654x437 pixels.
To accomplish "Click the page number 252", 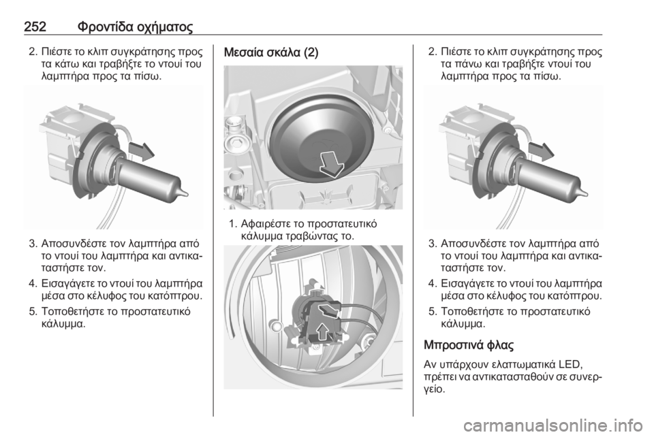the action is (x=35, y=27).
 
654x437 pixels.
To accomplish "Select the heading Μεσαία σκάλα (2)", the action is (x=271, y=52).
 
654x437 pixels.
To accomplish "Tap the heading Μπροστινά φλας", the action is (x=469, y=345).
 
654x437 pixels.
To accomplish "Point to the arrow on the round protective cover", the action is (x=332, y=164).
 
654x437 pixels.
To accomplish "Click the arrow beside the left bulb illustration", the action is (x=142, y=152).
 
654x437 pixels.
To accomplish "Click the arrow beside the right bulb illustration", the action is (x=541, y=152).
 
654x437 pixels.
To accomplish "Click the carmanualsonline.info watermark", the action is (x=553, y=425).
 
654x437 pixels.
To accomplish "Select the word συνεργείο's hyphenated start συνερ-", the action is (x=585, y=377).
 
